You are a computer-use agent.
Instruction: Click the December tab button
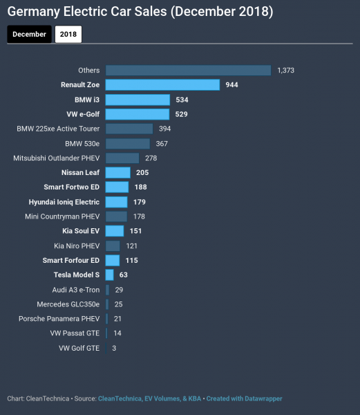[29, 34]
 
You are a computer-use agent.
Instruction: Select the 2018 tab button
[68, 34]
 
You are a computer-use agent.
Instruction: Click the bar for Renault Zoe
[162, 84]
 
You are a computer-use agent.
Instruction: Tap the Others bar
[188, 70]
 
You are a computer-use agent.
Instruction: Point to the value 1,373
[287, 70]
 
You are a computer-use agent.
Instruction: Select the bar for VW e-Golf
[138, 114]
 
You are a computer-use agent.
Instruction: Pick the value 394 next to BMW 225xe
[164, 129]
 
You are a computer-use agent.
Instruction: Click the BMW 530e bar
[128, 143]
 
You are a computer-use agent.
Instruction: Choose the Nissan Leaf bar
[118, 173]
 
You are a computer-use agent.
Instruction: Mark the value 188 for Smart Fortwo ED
[140, 187]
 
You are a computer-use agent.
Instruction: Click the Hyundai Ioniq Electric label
[64, 202]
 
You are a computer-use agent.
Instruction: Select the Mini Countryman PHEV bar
[117, 216]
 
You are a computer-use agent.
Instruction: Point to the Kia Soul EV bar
[115, 231]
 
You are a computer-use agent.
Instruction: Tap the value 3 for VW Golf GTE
[114, 348]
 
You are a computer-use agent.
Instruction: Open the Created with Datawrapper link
[244, 398]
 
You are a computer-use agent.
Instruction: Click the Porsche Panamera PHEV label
[59, 319]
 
